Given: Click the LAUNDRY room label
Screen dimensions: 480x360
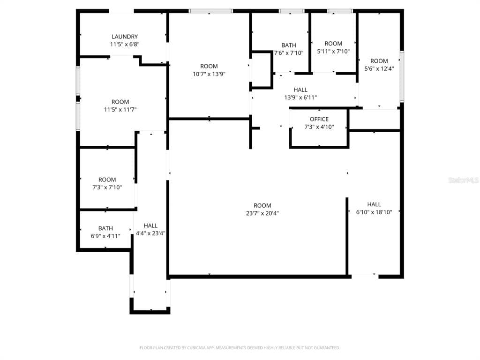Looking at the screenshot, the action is [x=125, y=37].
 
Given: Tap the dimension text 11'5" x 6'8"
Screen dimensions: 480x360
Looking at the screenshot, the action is [x=125, y=45].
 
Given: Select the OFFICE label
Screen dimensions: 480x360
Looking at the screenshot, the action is [x=319, y=119].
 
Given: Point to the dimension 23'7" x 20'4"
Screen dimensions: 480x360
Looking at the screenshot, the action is [x=262, y=213].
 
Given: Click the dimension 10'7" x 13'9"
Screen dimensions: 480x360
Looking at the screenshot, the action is [x=209, y=74].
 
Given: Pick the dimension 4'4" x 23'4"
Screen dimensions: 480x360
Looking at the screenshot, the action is [x=150, y=233].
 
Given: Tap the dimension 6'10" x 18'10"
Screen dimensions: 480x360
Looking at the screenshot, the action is [x=374, y=212].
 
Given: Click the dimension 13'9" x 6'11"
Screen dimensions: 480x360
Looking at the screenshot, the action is [x=300, y=97].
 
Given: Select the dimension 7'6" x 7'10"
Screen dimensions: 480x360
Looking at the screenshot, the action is [x=289, y=53].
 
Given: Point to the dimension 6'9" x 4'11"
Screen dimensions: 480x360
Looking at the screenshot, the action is [x=105, y=236].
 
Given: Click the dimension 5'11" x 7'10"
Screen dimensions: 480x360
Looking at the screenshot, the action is [x=333, y=52].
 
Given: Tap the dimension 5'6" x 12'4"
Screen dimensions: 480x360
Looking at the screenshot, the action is [x=379, y=68].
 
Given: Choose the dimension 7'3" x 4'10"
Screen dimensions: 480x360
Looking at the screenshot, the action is [x=319, y=127].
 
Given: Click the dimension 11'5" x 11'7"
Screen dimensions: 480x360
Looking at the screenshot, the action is [x=120, y=110].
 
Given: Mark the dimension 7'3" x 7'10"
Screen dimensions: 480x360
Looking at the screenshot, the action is [x=107, y=187].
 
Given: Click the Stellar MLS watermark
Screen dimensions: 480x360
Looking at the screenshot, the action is [x=464, y=180].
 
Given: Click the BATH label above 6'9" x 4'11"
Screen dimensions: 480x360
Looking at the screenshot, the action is [x=105, y=228].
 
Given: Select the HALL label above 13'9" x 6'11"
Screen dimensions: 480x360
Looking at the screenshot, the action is [x=300, y=90].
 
